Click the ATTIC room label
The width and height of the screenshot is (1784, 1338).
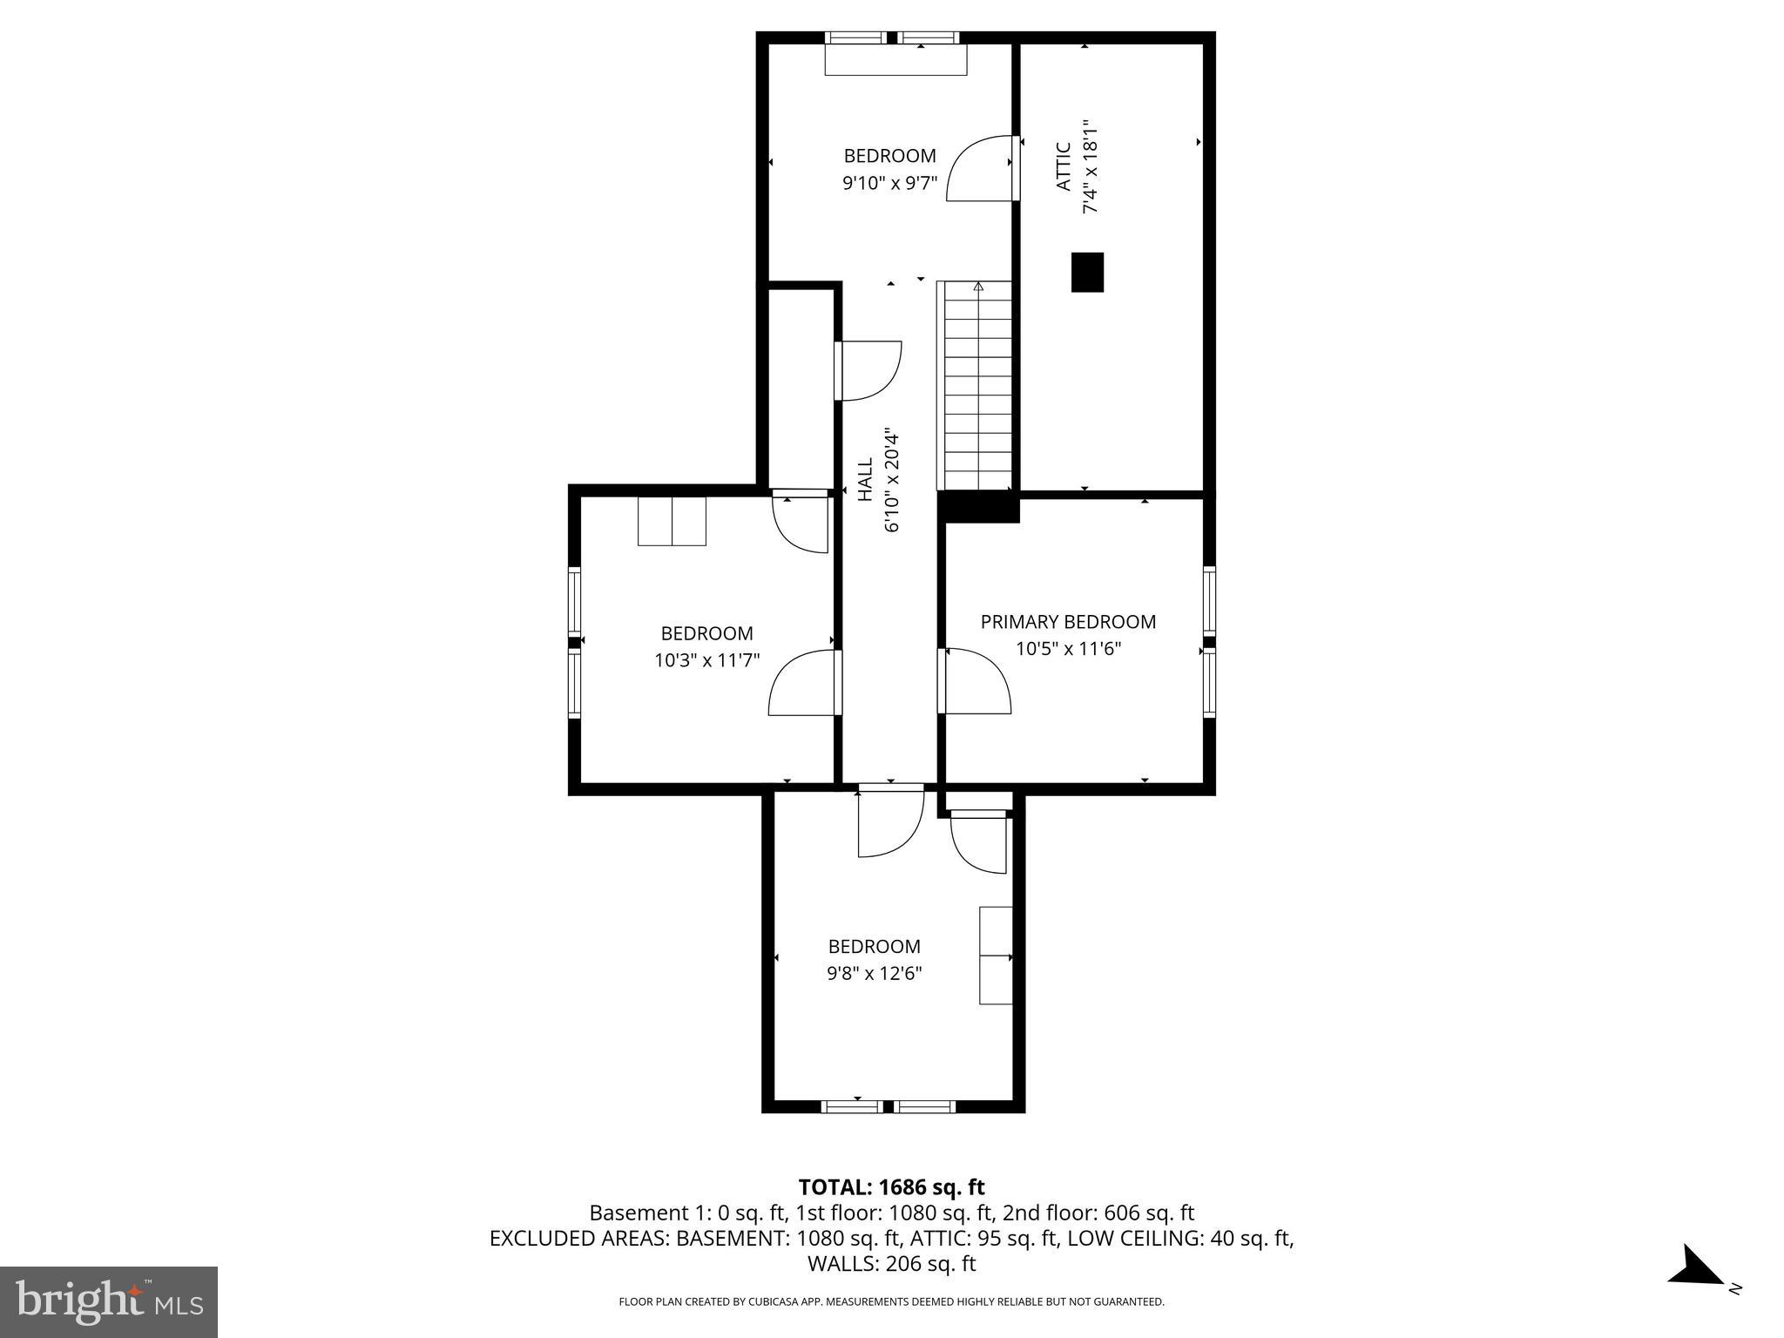1063,167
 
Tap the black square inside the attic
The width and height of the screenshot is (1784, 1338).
1087,272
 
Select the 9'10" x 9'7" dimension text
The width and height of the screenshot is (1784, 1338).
889,183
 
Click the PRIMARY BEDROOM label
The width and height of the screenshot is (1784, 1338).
1068,622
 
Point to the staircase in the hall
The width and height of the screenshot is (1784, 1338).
975,386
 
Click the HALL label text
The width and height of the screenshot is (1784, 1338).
866,480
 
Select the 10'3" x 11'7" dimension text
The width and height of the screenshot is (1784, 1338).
706,660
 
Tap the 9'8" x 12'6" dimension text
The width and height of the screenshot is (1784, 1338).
874,973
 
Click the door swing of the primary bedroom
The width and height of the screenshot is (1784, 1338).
976,681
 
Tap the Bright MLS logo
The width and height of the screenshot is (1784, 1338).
109,1301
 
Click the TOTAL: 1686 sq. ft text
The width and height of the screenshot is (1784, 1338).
891,1187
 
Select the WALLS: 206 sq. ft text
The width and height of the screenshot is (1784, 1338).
891,1264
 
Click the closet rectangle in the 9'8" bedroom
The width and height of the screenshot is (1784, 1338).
996,955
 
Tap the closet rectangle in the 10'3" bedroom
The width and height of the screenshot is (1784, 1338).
672,521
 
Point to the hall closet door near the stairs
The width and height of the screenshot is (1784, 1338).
867,371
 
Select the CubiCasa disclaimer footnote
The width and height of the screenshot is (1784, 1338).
891,1302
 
